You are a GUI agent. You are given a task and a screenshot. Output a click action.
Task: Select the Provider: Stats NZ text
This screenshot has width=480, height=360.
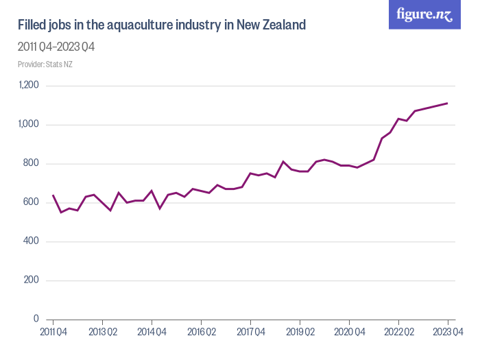coord(45,64)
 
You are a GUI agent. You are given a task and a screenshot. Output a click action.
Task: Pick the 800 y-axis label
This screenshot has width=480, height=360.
coord(31,164)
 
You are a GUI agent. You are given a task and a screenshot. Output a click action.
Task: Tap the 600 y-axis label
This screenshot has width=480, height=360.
coord(31,203)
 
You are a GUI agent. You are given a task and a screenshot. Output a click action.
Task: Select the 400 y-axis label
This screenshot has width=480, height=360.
coord(31,241)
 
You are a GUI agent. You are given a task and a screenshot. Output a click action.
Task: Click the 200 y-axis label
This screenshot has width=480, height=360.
coord(31,280)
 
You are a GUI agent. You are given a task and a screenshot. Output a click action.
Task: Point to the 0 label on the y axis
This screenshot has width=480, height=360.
coord(36,320)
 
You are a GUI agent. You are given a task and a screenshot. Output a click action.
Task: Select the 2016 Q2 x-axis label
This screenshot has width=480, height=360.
coord(201,332)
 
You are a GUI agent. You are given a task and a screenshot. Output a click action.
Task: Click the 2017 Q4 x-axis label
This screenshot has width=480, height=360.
coord(250,332)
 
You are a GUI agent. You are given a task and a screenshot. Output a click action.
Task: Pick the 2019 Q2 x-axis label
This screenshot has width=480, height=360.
coord(300,332)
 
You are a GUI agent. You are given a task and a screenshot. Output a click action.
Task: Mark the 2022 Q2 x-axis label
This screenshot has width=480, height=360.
coord(398,332)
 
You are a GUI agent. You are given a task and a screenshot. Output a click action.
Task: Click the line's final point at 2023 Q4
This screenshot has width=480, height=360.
coord(448,104)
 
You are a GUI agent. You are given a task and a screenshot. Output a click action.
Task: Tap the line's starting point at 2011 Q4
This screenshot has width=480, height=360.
coord(53,195)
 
